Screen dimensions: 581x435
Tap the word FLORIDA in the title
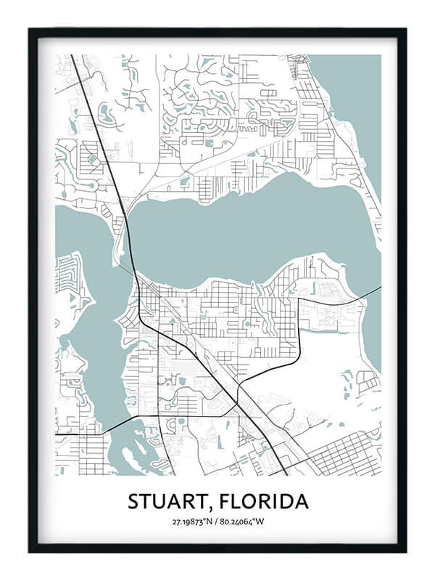(x=263, y=502)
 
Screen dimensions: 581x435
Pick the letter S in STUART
(x=134, y=502)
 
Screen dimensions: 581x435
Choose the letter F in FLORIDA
(x=224, y=502)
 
